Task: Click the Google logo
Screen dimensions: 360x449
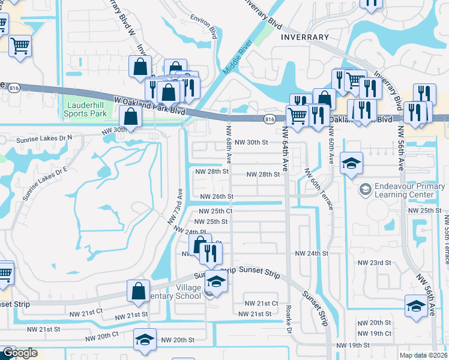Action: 19,353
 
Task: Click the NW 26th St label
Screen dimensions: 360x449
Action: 216,196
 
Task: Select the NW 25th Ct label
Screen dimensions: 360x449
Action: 215,211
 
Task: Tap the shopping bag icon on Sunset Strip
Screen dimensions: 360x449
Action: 138,290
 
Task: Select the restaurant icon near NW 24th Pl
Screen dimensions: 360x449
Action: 210,253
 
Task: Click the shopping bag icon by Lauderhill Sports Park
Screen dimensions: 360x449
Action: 130,117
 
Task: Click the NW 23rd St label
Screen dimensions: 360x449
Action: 374,263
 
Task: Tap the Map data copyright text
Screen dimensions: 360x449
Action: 424,355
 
